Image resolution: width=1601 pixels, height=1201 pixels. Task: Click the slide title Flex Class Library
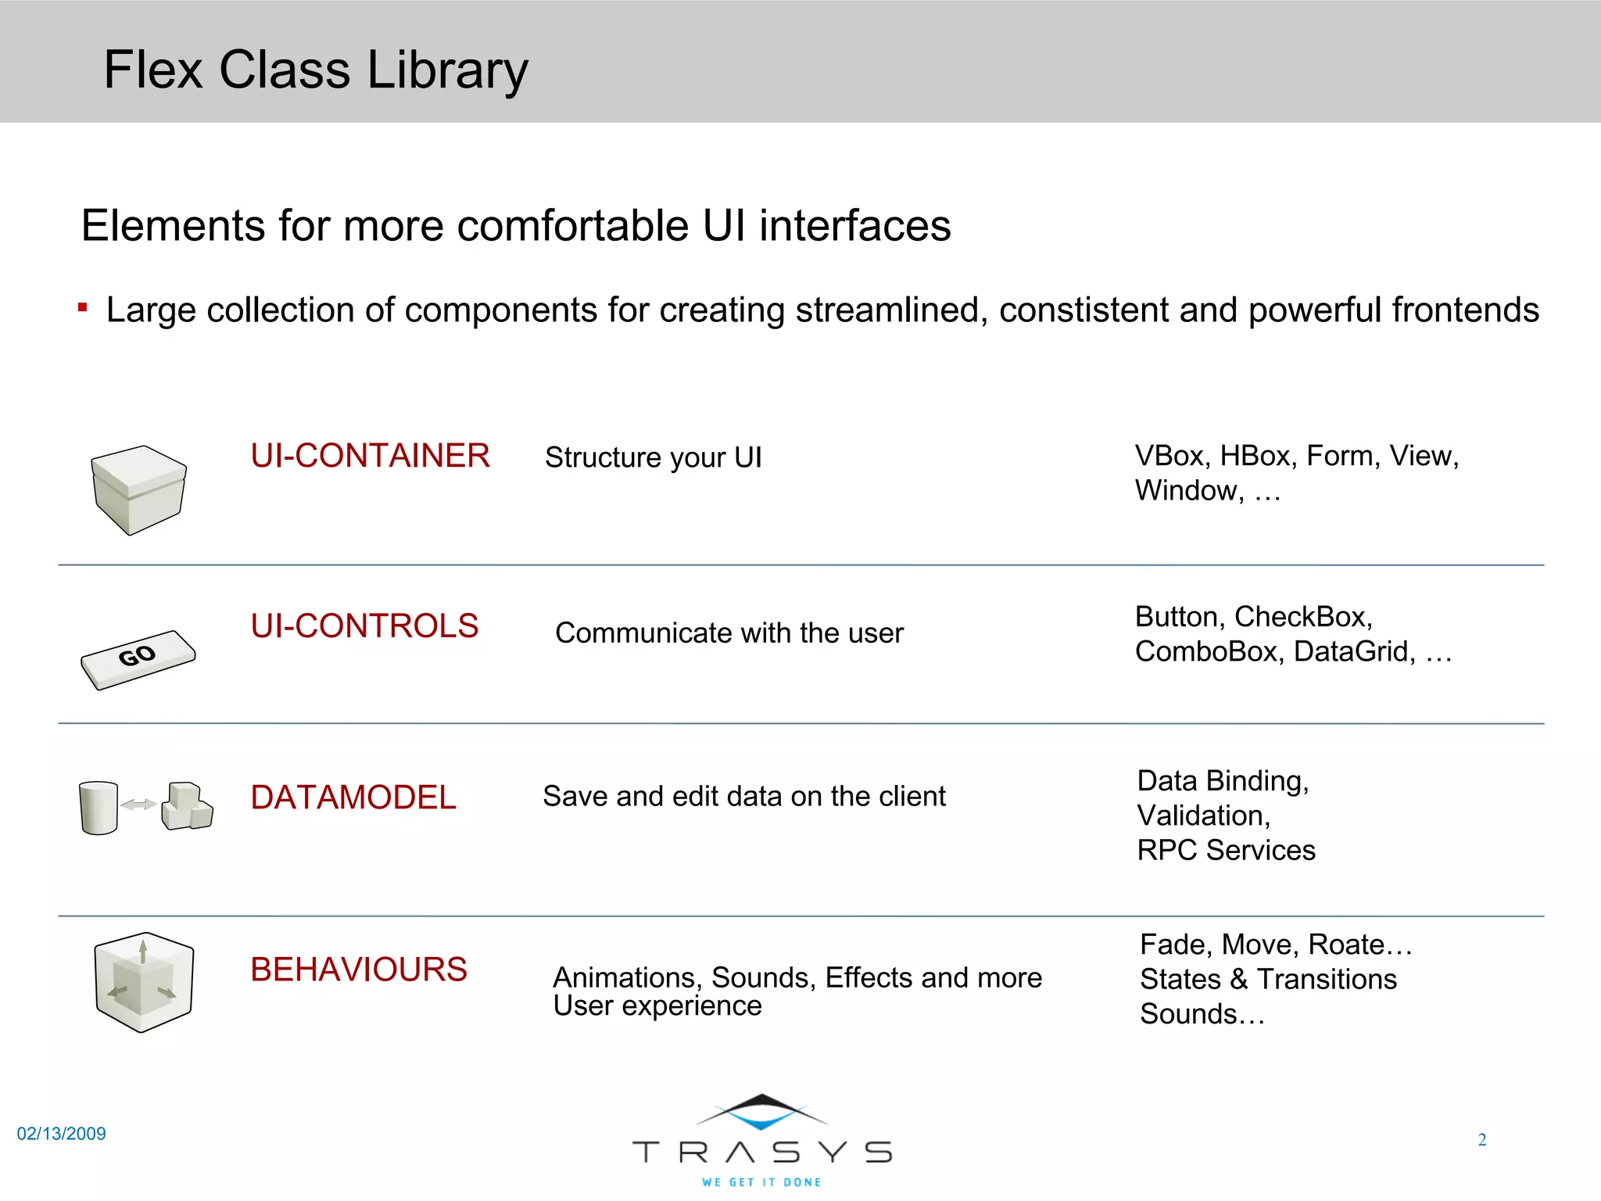coord(316,70)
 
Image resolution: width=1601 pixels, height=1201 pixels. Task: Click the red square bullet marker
coord(82,308)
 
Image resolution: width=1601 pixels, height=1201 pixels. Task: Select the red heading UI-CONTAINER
coord(370,456)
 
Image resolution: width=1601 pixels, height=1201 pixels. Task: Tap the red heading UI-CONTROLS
coord(364,626)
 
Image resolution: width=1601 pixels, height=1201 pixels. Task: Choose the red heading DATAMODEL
coord(353,798)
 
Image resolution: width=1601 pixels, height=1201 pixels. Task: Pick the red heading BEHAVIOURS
coord(359,970)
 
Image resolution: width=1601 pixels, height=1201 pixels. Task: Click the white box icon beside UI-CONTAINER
coord(138,489)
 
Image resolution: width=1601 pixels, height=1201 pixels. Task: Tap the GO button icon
coord(138,658)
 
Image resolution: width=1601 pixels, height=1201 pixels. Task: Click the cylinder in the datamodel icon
coord(98,808)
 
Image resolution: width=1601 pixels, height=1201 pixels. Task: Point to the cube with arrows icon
coord(144,982)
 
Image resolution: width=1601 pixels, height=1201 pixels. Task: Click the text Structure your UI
coord(653,457)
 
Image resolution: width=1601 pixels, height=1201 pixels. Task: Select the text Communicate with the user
coord(729,633)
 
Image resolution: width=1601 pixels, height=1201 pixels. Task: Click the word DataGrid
coord(1354,651)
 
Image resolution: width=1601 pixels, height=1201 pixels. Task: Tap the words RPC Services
coord(1226,850)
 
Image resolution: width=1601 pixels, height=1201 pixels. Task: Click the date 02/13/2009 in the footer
coord(61,1134)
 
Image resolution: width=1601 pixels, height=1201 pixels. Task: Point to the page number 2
coord(1481,1140)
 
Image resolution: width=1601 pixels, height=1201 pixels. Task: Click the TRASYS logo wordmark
coord(761,1152)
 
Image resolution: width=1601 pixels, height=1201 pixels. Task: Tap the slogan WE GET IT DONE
coord(761,1182)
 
